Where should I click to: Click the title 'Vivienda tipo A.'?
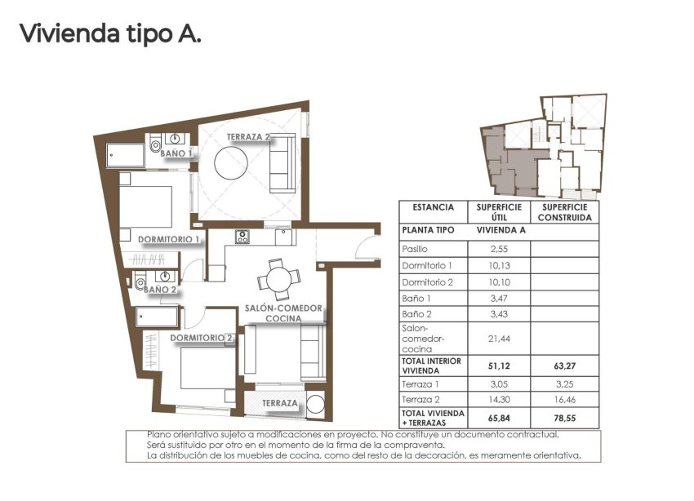109,33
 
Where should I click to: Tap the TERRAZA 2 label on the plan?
249,137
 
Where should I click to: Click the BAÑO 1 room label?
176,153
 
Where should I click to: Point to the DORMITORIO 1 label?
169,240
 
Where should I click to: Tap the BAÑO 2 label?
161,289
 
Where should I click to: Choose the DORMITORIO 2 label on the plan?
202,338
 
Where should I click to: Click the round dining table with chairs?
277,279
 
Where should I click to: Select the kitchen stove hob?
242,237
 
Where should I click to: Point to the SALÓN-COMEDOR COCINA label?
283,313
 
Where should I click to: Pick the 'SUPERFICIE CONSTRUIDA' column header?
564,212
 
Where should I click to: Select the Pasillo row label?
415,249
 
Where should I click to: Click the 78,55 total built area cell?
564,418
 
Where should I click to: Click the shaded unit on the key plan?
506,159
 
